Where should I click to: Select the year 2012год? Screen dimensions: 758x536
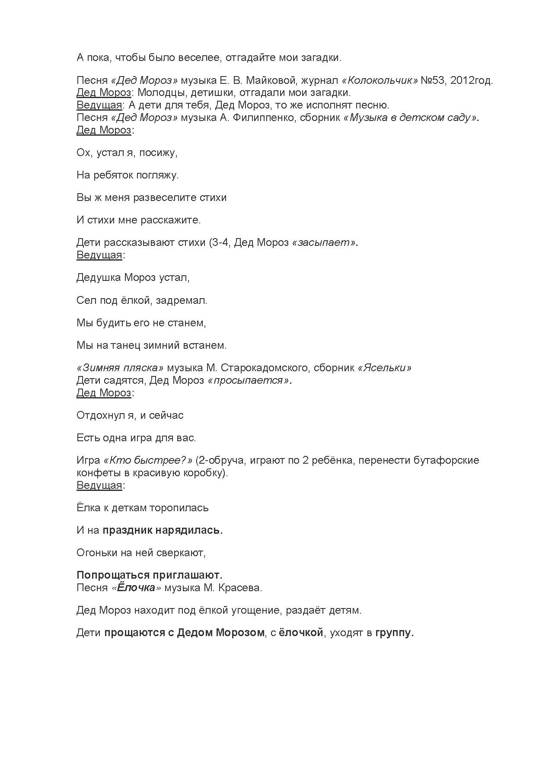tap(471, 80)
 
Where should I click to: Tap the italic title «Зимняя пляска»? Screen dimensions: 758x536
tap(120, 368)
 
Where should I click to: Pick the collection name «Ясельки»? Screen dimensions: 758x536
tap(385, 368)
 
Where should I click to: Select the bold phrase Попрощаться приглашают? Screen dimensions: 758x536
tap(149, 575)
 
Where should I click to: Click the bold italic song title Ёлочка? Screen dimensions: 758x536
tap(136, 588)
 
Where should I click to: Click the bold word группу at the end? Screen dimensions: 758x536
tap(394, 633)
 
